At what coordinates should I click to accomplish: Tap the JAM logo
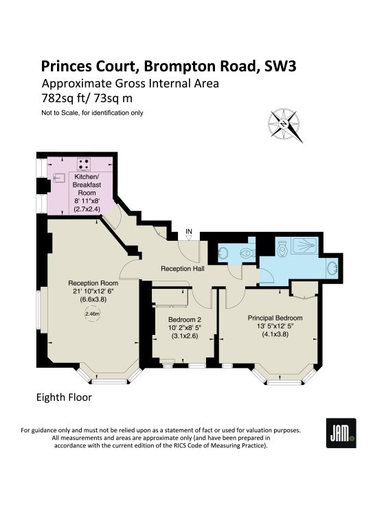pyautogui.click(x=341, y=433)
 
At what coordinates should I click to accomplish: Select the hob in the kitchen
pyautogui.click(x=84, y=164)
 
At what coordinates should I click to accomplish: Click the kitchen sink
pyautogui.click(x=59, y=178)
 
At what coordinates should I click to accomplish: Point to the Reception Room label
pyautogui.click(x=93, y=283)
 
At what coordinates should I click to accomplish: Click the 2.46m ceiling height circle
pyautogui.click(x=93, y=314)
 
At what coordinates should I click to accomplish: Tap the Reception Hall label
pyautogui.click(x=182, y=268)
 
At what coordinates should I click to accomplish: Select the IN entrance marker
pyautogui.click(x=189, y=234)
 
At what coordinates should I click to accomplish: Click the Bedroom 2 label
pyautogui.click(x=185, y=319)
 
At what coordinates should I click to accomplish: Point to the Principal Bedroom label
pyautogui.click(x=275, y=318)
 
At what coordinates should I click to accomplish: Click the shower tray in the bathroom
pyautogui.click(x=304, y=246)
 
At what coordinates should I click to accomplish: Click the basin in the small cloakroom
pyautogui.click(x=223, y=253)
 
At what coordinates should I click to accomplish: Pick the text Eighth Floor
pyautogui.click(x=64, y=397)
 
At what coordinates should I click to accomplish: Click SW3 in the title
pyautogui.click(x=280, y=66)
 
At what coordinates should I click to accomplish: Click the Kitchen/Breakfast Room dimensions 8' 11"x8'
pyautogui.click(x=87, y=201)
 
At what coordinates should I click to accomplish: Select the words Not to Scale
pyautogui.click(x=60, y=113)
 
